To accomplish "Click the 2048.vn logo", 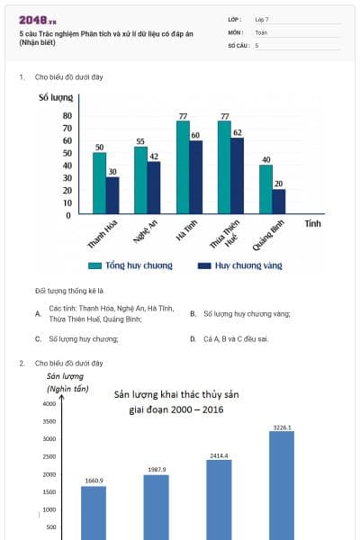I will coord(37,19).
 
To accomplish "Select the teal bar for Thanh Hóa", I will coord(99,183).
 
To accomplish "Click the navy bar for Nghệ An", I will coord(154,187).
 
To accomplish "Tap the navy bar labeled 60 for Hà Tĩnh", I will coord(195,176).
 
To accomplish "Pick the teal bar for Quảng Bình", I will coord(265,189).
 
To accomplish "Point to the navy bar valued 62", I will coord(237,175).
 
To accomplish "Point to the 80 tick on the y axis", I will coord(67,115).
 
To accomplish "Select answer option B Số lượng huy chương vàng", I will coord(244,314).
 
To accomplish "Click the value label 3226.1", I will coord(282,427).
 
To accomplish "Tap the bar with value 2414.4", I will coord(219,499).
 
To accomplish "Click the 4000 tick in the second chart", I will coord(49,404).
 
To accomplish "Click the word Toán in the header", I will coord(261,31).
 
